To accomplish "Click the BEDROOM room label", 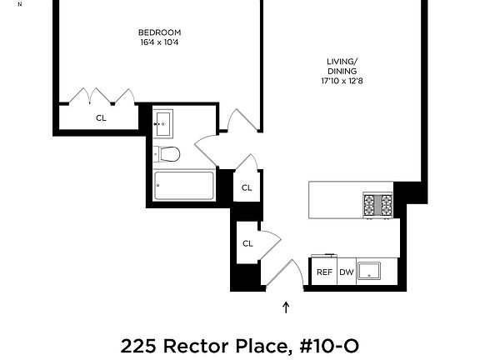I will [x=159, y=32].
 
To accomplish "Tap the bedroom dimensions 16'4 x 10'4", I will [x=159, y=42].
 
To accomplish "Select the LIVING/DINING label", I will [x=342, y=65].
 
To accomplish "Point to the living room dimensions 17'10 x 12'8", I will [x=342, y=82].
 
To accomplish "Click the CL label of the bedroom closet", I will [x=101, y=117].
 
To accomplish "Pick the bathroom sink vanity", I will [x=163, y=123].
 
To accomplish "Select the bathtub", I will [x=183, y=185].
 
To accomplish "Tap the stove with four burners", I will [x=377, y=204].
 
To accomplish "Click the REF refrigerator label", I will [x=324, y=272].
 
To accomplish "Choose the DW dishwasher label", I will [x=346, y=272].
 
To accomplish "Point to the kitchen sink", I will [x=369, y=272].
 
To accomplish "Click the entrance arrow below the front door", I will [x=286, y=307].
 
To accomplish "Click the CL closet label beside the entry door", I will [x=247, y=243].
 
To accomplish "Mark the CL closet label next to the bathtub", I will [x=247, y=187].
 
